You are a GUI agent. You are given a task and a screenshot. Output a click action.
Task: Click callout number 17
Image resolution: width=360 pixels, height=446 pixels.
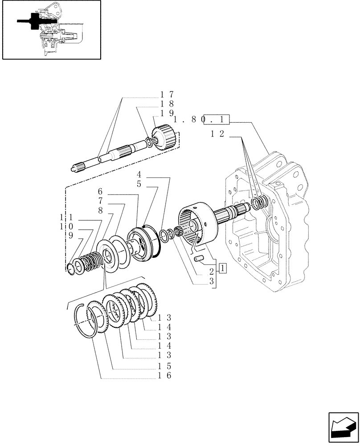[x=167, y=95]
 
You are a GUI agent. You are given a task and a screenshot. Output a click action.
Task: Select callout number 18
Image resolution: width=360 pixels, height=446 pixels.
[x=167, y=104]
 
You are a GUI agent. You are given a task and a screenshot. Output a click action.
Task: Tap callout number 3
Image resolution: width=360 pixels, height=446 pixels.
[x=212, y=281]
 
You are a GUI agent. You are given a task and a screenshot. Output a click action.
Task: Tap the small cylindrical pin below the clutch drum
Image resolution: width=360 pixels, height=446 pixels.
[x=199, y=258]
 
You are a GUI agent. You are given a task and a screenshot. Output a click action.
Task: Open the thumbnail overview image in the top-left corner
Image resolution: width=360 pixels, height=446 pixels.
[x=51, y=30]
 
